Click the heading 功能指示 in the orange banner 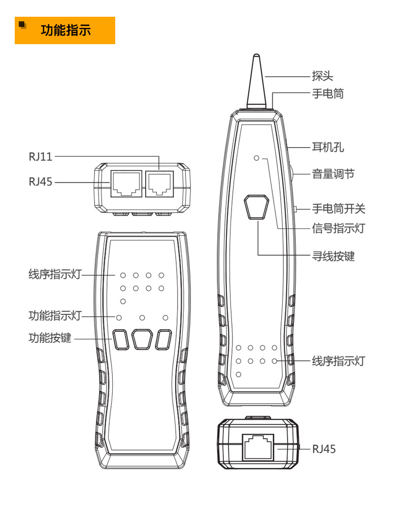[66, 30]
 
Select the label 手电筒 [327, 93]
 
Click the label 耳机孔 [327, 148]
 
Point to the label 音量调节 [332, 174]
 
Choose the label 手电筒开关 [338, 209]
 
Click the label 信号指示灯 [338, 229]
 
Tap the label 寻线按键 [332, 256]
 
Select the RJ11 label [40, 156]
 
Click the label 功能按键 [50, 338]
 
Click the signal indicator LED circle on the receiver [257, 159]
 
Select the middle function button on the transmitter [142, 339]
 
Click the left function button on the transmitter [120, 339]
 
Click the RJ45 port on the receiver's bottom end [259, 446]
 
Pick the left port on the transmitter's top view [124, 184]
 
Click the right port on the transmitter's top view [159, 184]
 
